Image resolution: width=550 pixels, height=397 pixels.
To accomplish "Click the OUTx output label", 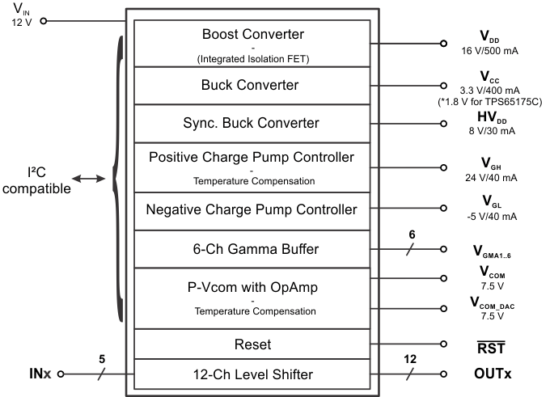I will [x=495, y=374].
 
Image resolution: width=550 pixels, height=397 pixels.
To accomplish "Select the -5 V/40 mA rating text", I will [x=493, y=216].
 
